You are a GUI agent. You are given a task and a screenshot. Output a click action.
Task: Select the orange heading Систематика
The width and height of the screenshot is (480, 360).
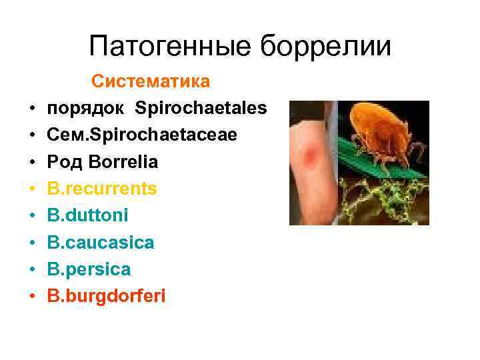(151, 81)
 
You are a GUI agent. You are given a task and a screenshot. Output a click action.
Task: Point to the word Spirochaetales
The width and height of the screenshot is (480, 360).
(201, 108)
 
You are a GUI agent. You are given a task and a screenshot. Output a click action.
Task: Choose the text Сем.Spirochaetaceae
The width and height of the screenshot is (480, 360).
(133, 135)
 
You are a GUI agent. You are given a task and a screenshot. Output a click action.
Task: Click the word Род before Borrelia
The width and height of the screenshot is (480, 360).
(64, 162)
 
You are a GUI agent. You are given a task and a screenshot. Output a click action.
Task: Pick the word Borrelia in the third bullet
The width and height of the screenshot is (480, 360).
(121, 162)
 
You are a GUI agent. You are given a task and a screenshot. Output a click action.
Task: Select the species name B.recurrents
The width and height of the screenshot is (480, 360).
(102, 189)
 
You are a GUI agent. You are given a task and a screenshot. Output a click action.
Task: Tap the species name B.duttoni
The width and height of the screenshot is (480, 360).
(88, 216)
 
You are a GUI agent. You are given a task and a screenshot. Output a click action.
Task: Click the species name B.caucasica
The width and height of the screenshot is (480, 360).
(101, 243)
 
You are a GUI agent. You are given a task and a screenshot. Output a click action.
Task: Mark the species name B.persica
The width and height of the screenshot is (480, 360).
(89, 269)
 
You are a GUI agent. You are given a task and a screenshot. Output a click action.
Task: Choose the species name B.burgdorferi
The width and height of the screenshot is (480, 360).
(106, 297)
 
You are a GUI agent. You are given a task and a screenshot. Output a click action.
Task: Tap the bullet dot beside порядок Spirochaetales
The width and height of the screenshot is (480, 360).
(31, 109)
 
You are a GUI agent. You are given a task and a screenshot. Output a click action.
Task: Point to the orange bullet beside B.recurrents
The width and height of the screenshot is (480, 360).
(31, 189)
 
